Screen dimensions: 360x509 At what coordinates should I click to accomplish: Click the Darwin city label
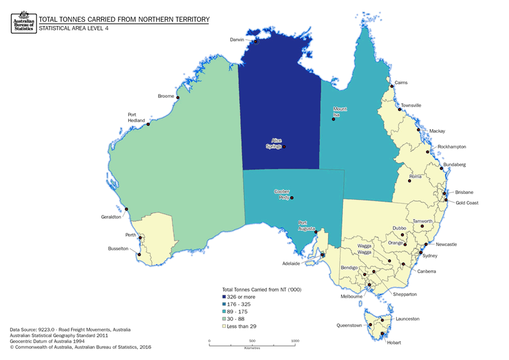pos(237,40)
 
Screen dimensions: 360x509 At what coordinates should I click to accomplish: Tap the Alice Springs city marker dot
pos(284,146)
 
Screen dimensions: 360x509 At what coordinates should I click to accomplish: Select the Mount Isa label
pos(340,111)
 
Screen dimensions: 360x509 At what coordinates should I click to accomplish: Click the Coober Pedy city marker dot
pos(291,198)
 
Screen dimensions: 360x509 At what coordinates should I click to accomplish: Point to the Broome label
pos(166,96)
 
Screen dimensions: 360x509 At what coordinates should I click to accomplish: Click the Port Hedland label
pos(136,117)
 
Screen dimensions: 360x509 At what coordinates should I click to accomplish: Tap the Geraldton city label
pos(112,217)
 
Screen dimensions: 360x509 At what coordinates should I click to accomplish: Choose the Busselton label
pos(118,249)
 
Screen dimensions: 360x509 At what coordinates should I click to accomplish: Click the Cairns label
pos(401,83)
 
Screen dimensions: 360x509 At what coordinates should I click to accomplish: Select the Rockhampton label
pos(452,146)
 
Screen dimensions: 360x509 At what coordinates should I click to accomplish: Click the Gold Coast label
pos(467,203)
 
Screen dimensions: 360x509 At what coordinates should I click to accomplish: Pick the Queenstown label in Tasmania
pos(349,326)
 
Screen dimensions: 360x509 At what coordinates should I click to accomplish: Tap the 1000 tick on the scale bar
pos(295,341)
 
